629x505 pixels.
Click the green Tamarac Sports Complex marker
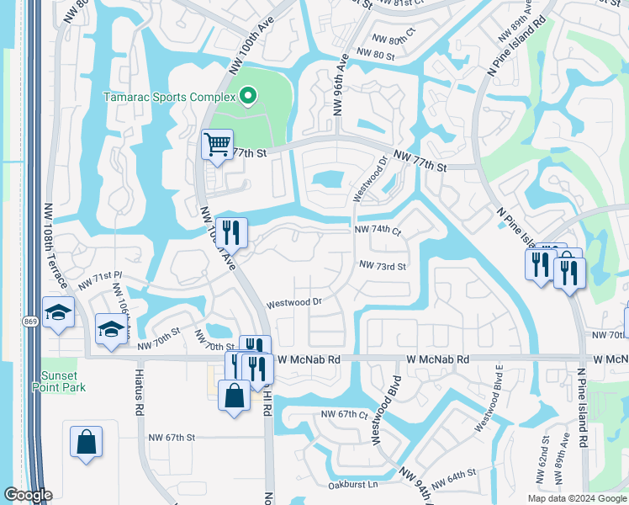tap(247, 97)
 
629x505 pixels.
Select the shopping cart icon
tap(217, 146)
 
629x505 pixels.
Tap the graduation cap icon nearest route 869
tap(58, 313)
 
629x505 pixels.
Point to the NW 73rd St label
tap(383, 266)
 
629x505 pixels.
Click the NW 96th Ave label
tap(340, 84)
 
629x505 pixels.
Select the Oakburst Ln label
tap(356, 485)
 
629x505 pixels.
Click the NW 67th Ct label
tap(345, 415)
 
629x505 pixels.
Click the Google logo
tap(28, 495)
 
